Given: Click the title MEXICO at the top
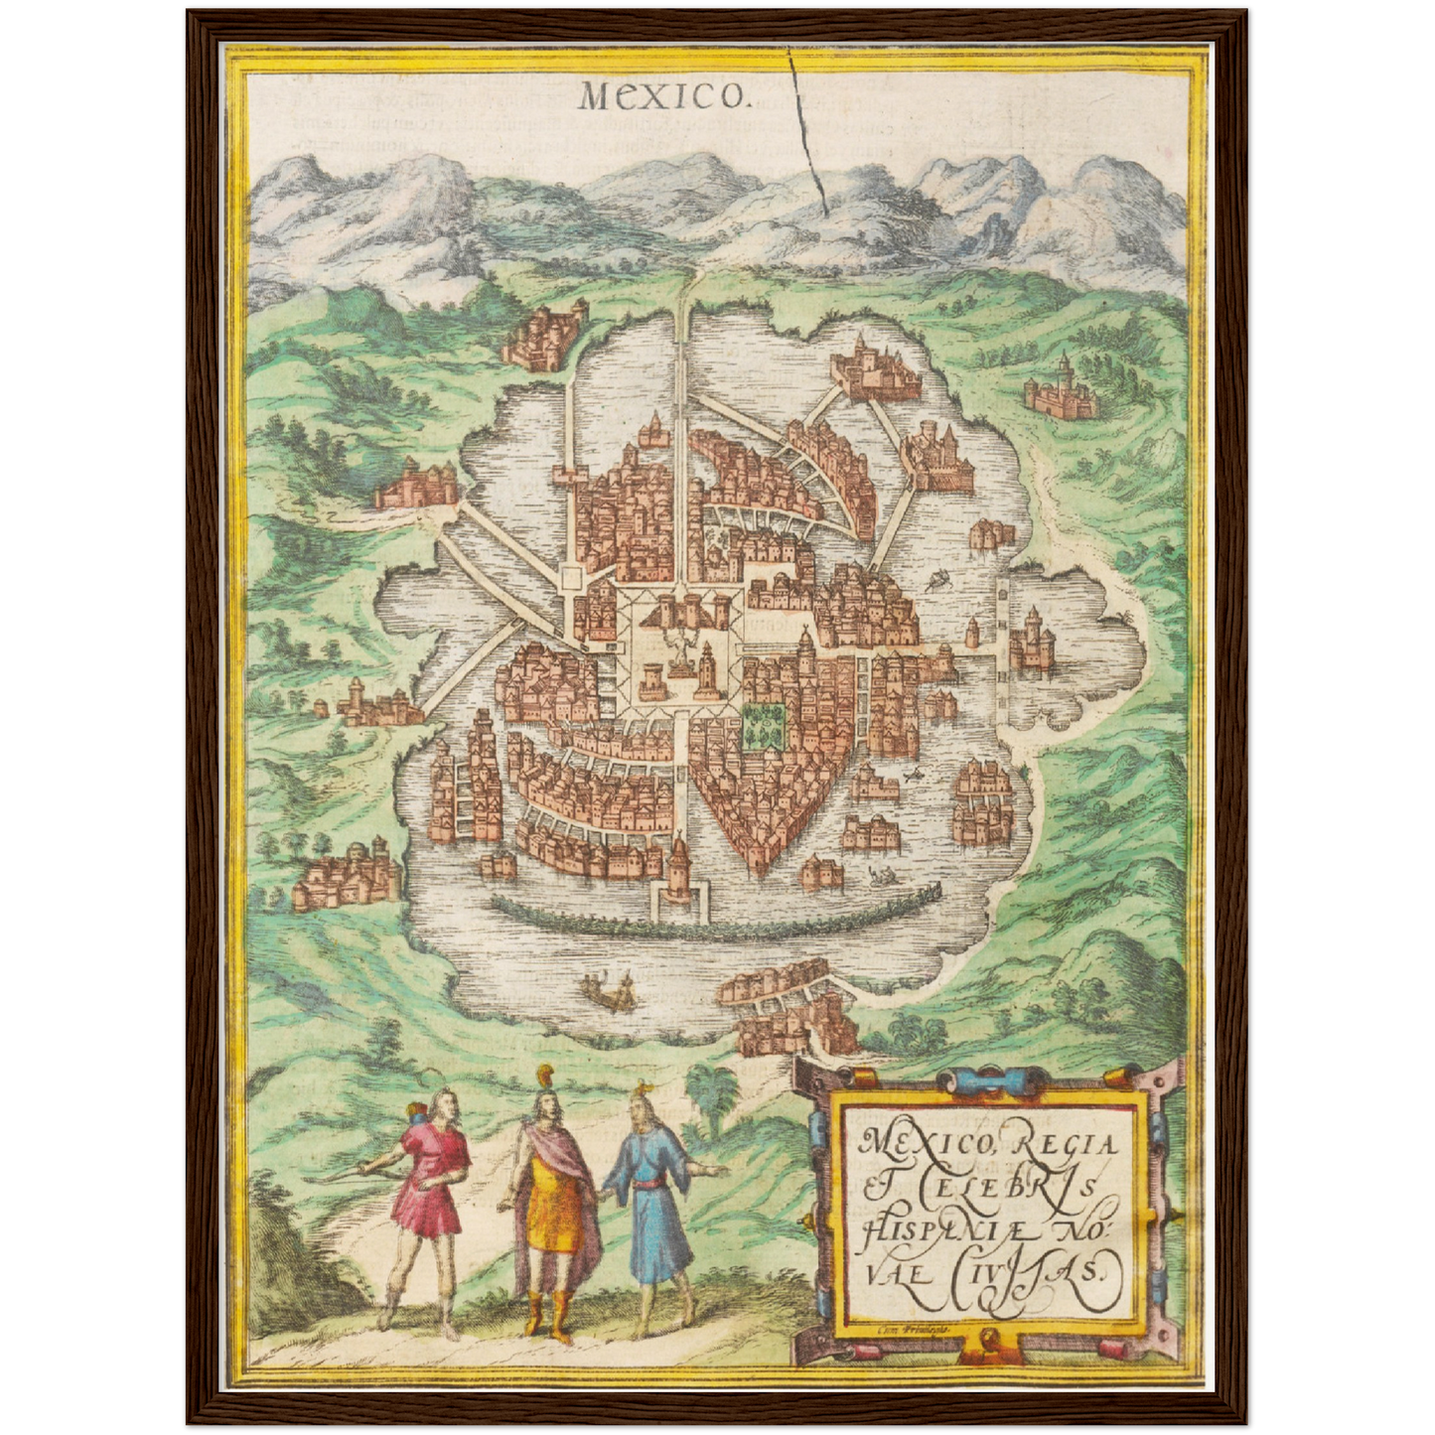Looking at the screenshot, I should pyautogui.click(x=662, y=95).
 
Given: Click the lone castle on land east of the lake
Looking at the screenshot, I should pyautogui.click(x=1063, y=389).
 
